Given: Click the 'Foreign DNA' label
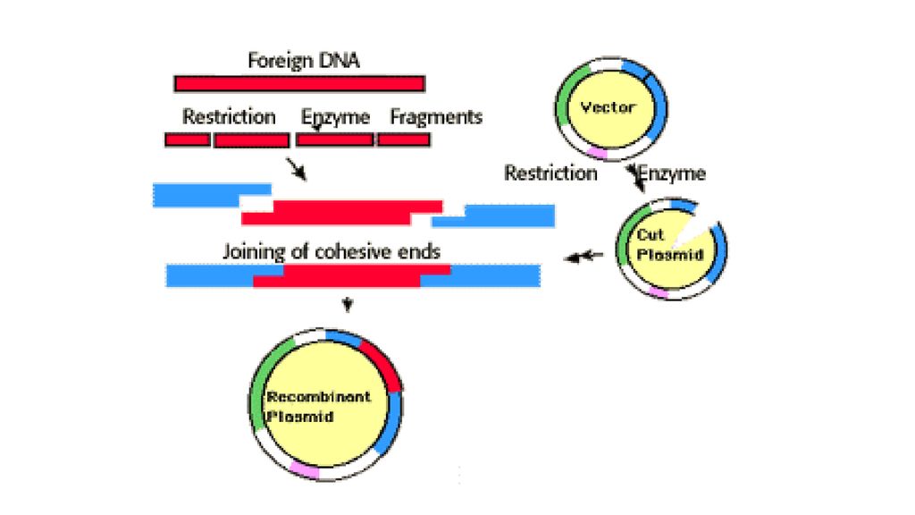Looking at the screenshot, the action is [304, 61].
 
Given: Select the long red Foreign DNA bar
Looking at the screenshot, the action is [299, 83].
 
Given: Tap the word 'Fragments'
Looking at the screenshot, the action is [436, 117].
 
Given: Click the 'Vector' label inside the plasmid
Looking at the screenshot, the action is [608, 107].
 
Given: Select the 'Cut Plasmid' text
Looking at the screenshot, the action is [669, 245].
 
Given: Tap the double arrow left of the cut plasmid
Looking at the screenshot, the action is [583, 256].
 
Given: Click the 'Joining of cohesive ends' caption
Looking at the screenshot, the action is [331, 251].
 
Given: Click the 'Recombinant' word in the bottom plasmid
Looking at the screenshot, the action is [319, 396].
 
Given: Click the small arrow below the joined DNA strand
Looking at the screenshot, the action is [348, 304].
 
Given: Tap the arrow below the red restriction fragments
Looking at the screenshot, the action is [297, 169].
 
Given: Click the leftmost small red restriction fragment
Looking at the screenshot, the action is [188, 140].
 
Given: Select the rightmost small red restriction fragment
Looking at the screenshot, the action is [404, 140].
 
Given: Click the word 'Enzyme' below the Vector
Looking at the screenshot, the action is [672, 173].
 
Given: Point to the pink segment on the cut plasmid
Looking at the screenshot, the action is [659, 292].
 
